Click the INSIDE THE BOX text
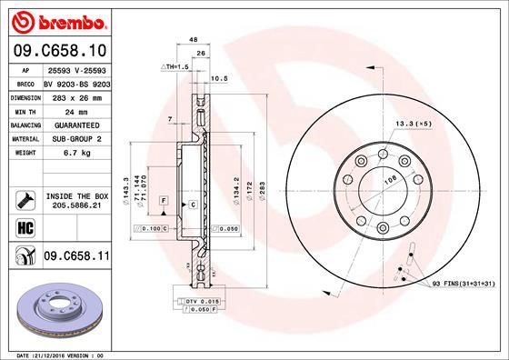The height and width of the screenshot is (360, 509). (x=76, y=195)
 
